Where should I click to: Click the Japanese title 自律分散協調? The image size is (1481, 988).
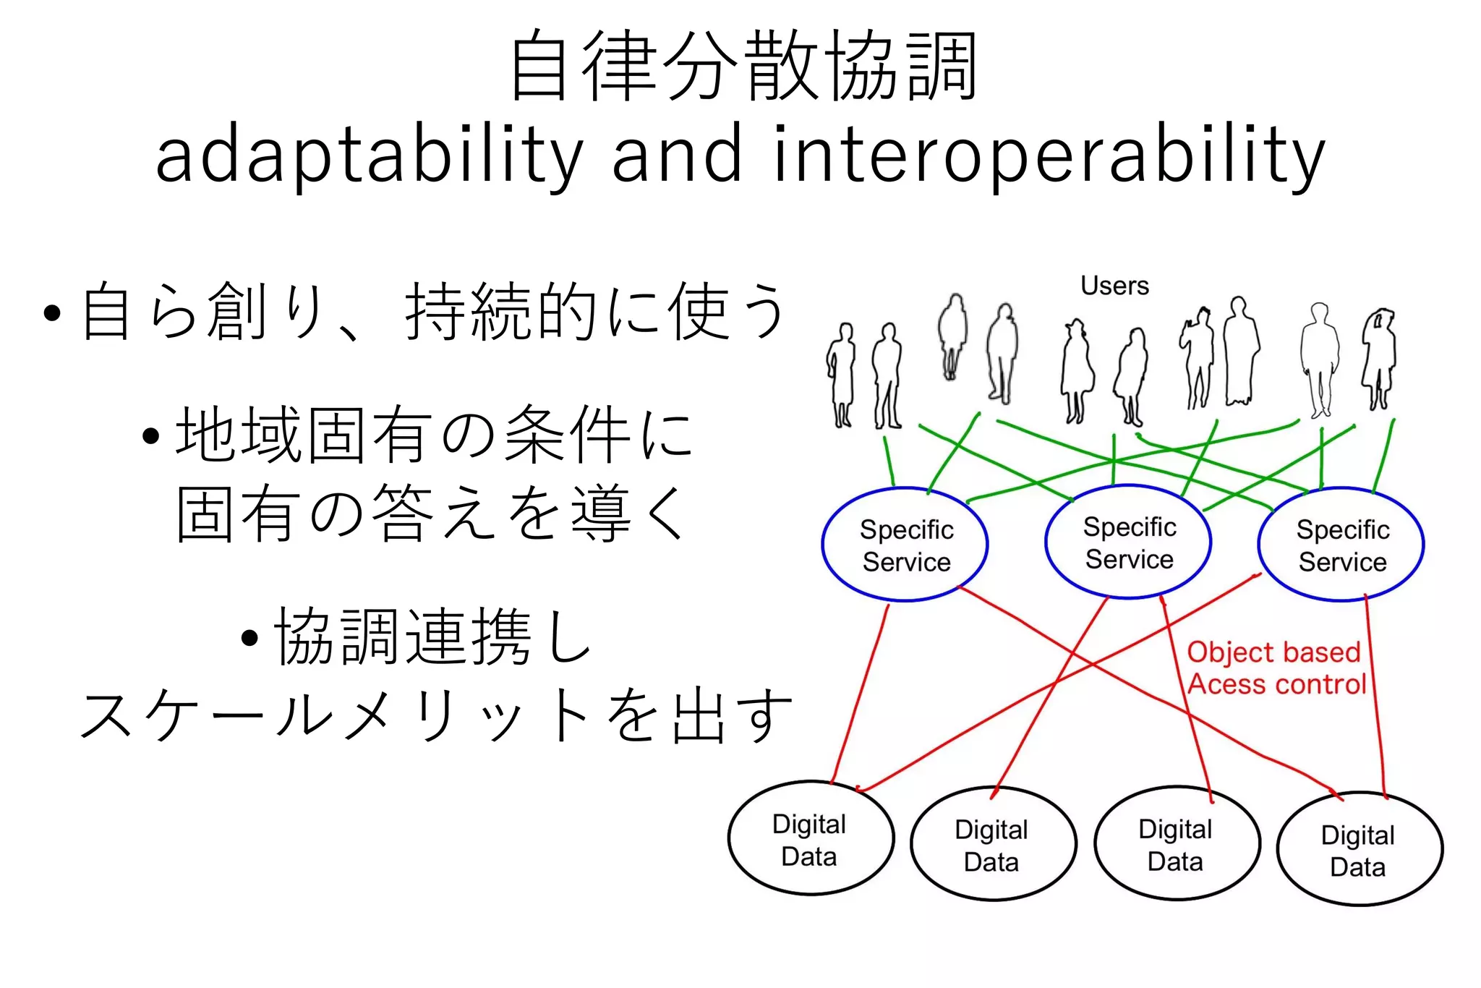click(x=743, y=67)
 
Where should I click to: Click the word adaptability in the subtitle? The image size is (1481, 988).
click(x=369, y=156)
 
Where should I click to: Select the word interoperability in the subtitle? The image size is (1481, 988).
click(x=1049, y=156)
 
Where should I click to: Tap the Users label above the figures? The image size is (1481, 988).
click(x=1114, y=286)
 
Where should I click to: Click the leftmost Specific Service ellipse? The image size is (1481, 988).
click(x=905, y=545)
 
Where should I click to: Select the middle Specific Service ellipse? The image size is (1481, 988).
click(x=1129, y=542)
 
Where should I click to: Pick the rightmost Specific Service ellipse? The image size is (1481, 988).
click(x=1342, y=545)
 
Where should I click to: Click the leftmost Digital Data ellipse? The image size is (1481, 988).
click(x=810, y=839)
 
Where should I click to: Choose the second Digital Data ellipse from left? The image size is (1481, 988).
click(x=992, y=845)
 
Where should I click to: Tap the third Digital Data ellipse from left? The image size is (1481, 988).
click(x=1176, y=844)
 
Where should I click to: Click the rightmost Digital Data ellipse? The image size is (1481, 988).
click(x=1359, y=850)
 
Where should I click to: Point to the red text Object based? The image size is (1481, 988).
click(x=1273, y=652)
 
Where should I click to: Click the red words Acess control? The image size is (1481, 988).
click(x=1277, y=684)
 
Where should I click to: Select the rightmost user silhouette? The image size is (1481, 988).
click(x=1379, y=358)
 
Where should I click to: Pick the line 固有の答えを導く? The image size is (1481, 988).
click(x=432, y=514)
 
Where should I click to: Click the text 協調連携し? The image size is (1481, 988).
click(x=432, y=636)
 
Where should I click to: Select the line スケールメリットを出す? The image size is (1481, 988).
click(x=436, y=716)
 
